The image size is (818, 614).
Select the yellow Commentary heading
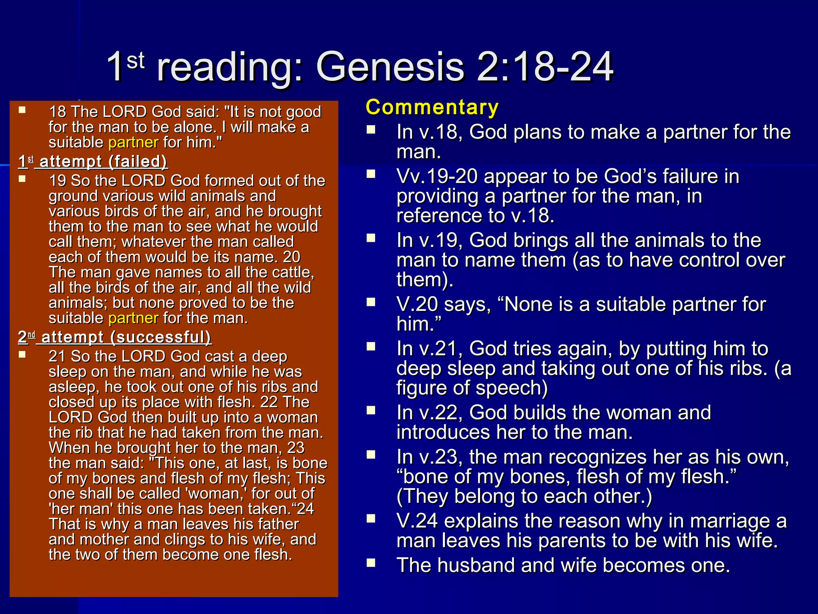tap(432, 108)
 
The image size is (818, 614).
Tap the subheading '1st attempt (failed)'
tap(93, 161)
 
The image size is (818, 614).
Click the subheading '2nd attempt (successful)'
tap(115, 337)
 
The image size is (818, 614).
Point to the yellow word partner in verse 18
tap(133, 142)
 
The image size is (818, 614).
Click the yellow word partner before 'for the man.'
tap(133, 318)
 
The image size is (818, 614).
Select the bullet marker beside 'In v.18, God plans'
tap(371, 129)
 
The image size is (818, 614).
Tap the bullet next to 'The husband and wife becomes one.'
tap(371, 563)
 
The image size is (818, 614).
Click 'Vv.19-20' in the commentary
tap(437, 177)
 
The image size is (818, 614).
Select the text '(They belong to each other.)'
tap(524, 496)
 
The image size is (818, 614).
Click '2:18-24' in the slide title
tap(545, 67)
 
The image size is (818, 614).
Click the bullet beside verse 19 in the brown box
tap(22, 179)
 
